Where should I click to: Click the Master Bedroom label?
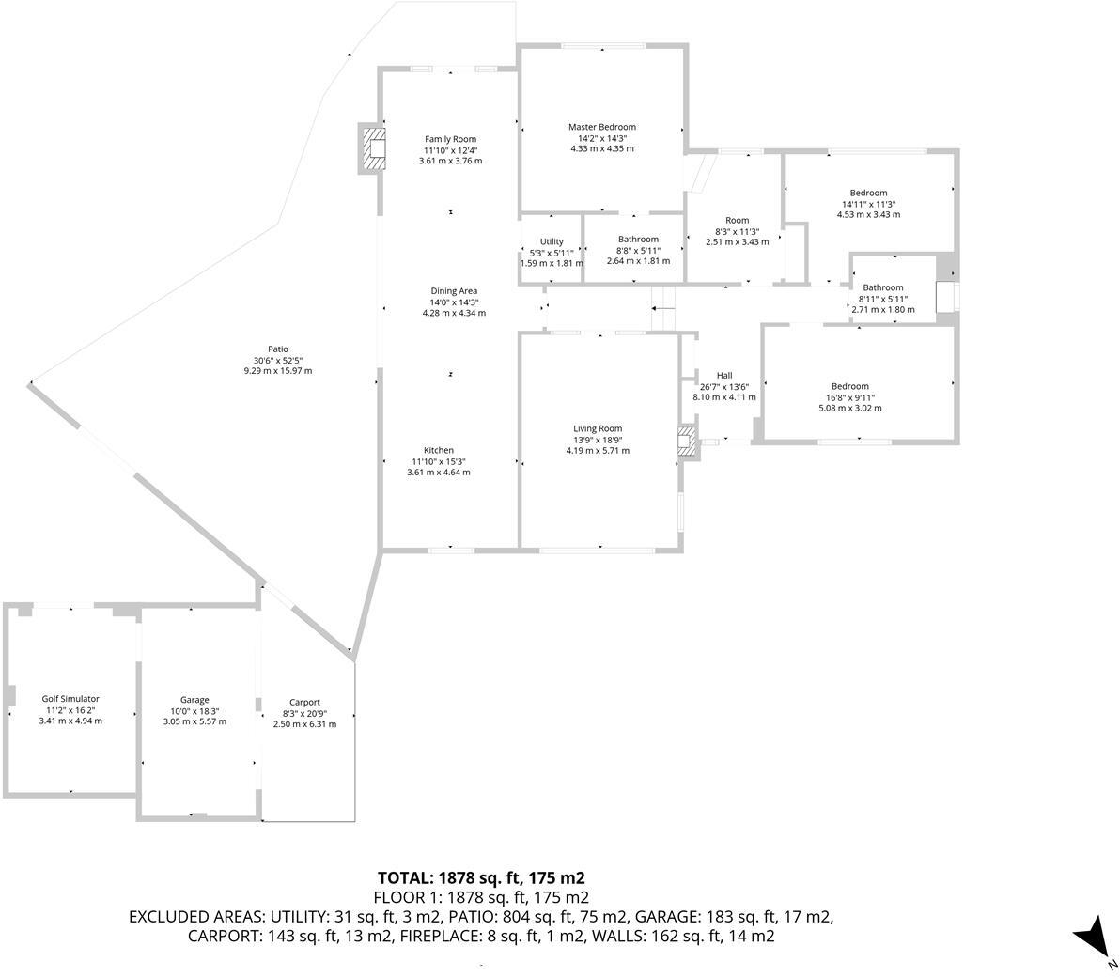point(601,127)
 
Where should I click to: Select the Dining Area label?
point(454,291)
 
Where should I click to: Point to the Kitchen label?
point(438,450)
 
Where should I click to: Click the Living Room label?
point(598,429)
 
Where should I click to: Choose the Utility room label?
point(552,241)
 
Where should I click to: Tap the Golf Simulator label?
point(70,699)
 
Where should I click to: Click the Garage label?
point(194,700)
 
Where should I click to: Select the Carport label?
point(304,702)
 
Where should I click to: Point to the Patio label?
point(277,349)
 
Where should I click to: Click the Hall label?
point(724,376)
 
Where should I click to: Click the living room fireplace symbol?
point(689,442)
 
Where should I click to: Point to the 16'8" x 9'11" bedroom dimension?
point(849,397)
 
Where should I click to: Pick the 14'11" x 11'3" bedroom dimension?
point(868,204)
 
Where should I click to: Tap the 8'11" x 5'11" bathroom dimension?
point(883,299)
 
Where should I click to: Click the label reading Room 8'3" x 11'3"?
point(738,231)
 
